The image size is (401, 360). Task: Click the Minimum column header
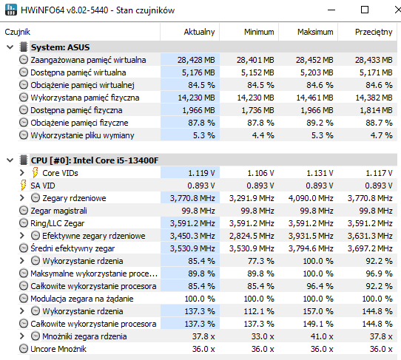[259, 32]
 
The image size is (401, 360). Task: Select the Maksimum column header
[315, 32]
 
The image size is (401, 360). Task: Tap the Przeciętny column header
[374, 33]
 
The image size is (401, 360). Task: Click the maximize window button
[365, 10]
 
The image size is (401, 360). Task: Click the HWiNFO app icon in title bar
[11, 10]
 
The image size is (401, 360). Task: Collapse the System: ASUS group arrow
[10, 47]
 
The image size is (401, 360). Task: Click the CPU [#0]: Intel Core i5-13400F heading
[95, 160]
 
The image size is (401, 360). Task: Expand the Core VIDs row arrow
[22, 173]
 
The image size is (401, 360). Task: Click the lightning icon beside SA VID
[23, 186]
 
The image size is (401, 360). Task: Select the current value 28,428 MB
[196, 60]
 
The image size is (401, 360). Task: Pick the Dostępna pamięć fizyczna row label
[76, 110]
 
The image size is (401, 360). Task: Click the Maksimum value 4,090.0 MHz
[311, 198]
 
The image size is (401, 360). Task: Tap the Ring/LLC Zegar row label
[57, 223]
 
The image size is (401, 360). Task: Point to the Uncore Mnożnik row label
[58, 349]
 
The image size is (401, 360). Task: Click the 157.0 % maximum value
[318, 311]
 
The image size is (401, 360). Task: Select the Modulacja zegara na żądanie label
[82, 299]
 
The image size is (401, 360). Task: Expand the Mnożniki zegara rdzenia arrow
[22, 336]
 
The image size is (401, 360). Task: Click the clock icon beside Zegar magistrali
[24, 211]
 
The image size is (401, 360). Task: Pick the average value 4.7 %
[381, 135]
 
